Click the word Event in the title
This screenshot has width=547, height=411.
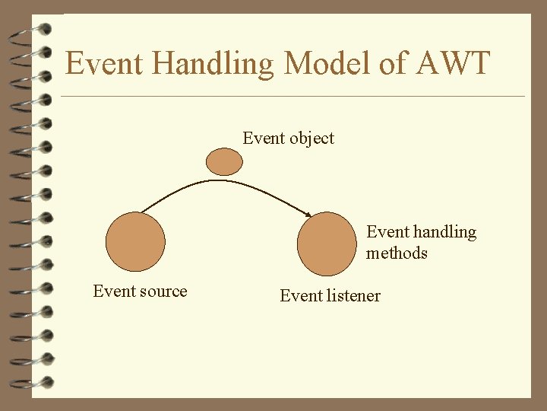tap(102, 63)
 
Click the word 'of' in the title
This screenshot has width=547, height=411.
tap(394, 63)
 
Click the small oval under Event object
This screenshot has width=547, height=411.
tap(225, 161)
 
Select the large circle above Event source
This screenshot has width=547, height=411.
tap(135, 243)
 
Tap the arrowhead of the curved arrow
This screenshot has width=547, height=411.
tap(308, 215)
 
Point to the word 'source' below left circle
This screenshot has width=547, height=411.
tap(161, 292)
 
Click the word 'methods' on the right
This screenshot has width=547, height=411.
tap(397, 253)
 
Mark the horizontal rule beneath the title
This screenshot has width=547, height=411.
tap(292, 97)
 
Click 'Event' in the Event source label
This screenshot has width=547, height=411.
tap(112, 292)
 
